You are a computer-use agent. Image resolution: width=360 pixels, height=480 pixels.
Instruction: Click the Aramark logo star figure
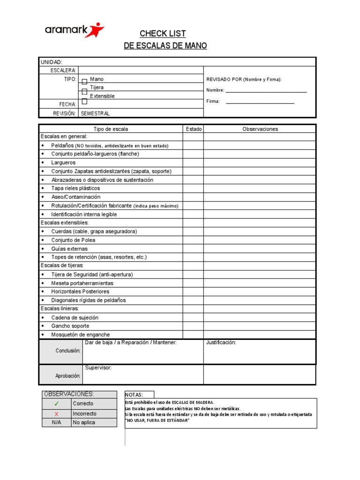pos(97,30)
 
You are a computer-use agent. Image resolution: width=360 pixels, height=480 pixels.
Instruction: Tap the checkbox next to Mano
pos(84,82)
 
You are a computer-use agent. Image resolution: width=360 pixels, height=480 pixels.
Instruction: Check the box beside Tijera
pos(84,91)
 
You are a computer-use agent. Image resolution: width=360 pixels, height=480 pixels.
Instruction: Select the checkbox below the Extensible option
pos(84,101)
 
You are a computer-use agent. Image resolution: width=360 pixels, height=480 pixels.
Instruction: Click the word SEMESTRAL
pos(95,113)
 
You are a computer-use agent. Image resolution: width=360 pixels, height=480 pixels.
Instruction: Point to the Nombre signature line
pos(266,91)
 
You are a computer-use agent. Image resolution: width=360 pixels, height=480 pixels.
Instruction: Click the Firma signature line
pos(260,102)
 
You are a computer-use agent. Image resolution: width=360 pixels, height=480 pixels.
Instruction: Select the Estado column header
pos(193,129)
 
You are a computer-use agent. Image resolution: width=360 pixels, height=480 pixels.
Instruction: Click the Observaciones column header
pos(260,129)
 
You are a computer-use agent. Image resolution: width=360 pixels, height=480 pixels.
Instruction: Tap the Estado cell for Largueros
pos(193,163)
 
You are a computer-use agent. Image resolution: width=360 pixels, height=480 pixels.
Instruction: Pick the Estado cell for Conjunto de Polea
pos(193,240)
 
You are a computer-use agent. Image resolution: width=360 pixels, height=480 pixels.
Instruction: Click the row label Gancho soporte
pos(70,326)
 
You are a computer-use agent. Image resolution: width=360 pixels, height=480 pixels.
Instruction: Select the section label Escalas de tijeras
pos(62,266)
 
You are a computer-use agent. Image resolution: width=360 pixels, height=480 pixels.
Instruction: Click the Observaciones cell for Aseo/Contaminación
pos(260,197)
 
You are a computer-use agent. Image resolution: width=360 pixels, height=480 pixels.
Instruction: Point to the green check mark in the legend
pos(57,404)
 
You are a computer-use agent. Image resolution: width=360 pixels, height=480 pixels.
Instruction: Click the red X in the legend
pos(57,414)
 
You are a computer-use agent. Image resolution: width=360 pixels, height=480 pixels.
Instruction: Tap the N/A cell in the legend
pos(57,423)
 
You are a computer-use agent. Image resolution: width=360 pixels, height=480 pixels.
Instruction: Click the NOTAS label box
pos(139,395)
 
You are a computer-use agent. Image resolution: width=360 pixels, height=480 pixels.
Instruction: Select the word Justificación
pos(221,343)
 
